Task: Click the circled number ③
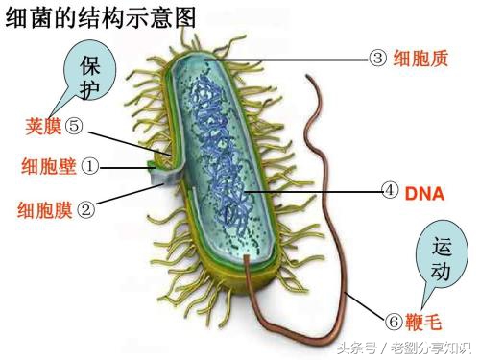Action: tap(377, 59)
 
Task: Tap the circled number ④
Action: tap(389, 190)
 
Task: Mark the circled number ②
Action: tap(85, 206)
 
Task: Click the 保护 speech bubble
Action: tap(89, 78)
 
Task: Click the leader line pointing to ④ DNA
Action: tap(317, 191)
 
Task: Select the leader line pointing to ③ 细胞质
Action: tap(288, 59)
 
